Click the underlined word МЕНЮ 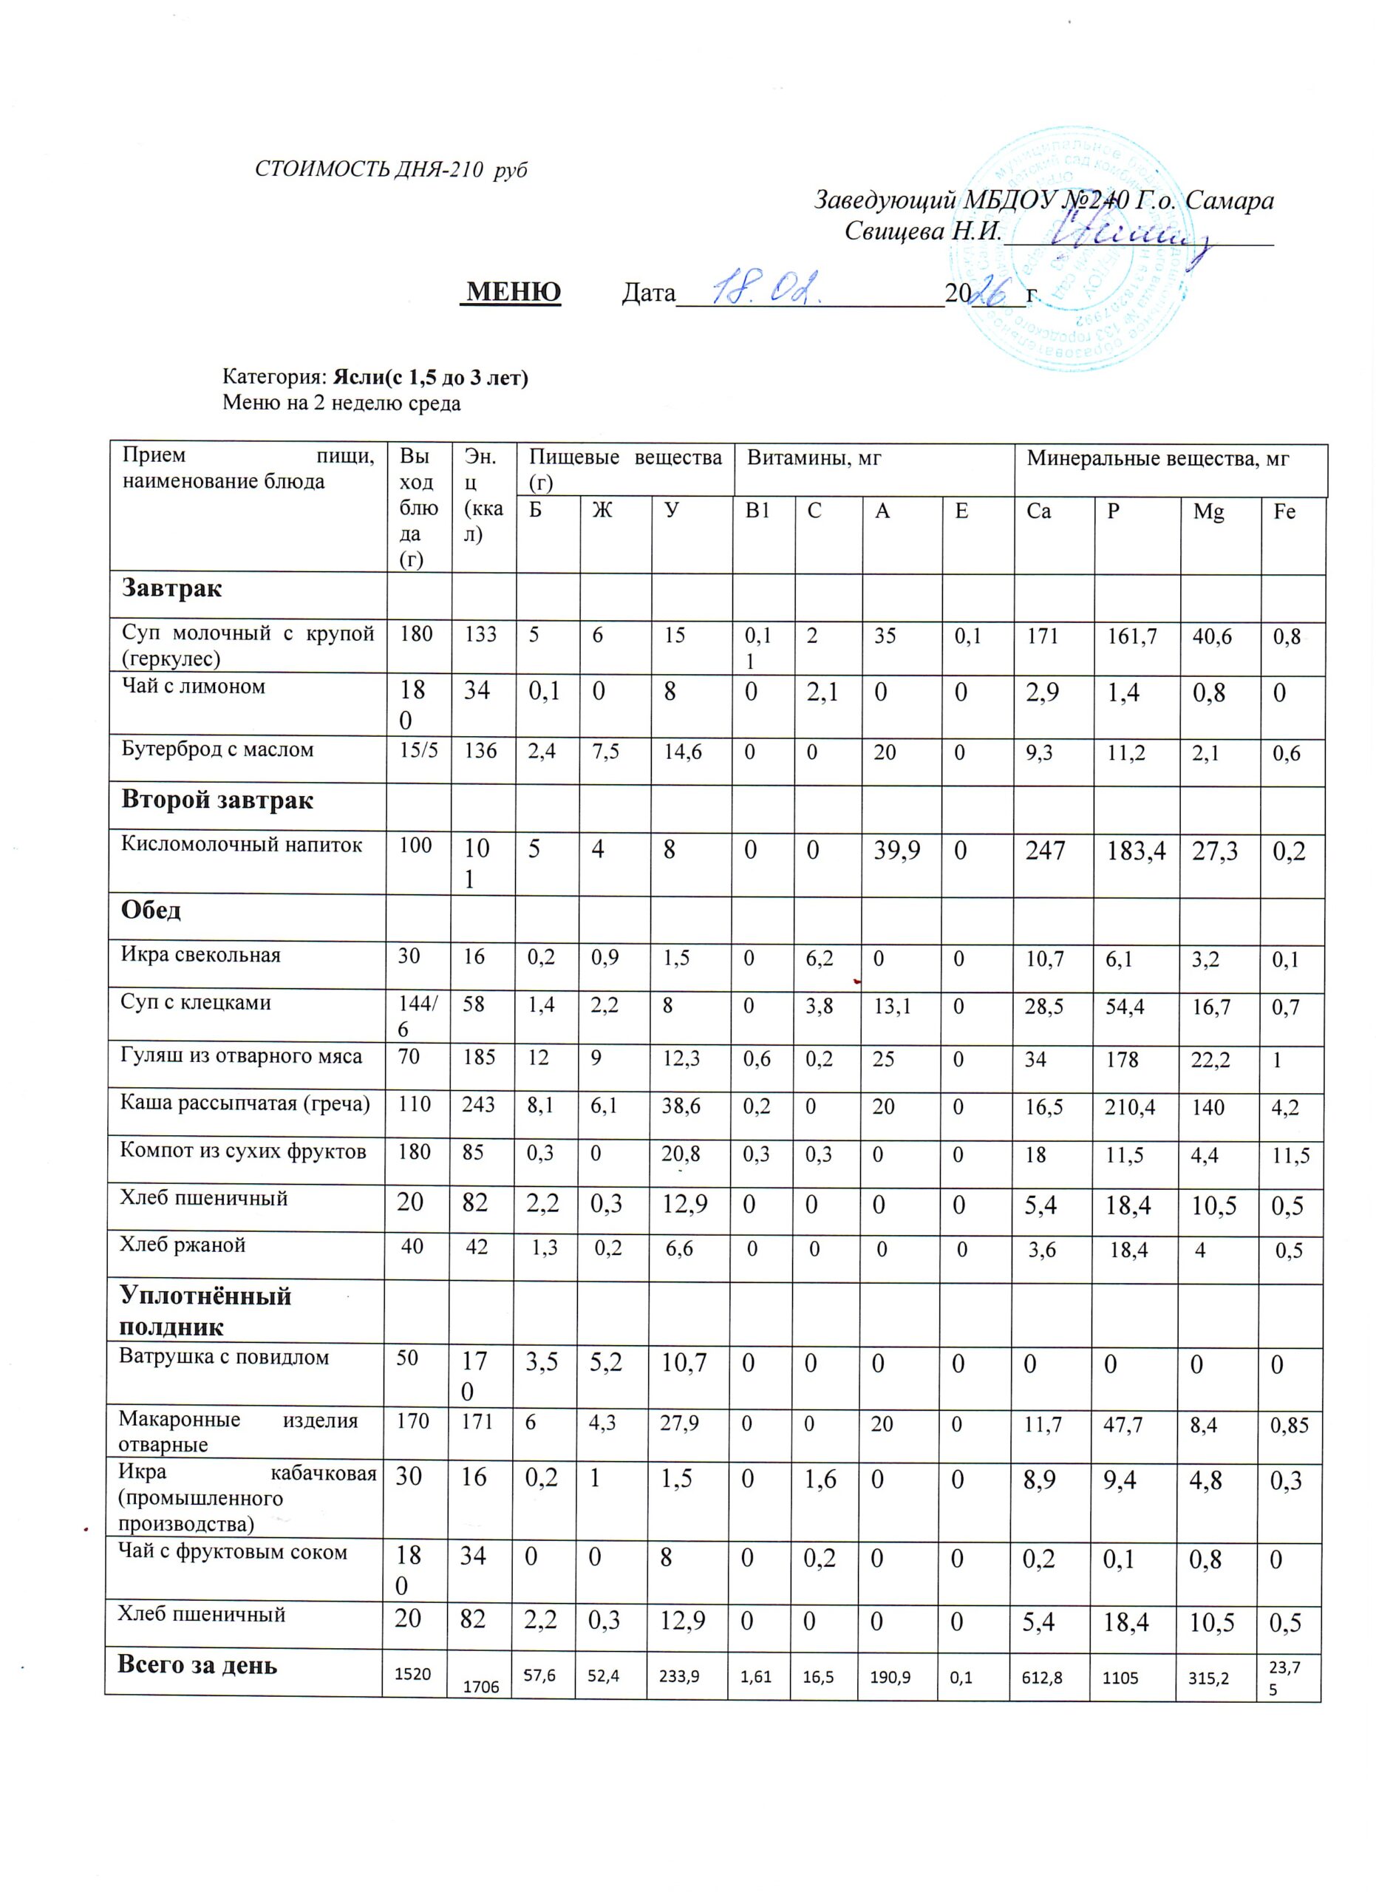pos(513,292)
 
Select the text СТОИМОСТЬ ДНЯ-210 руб pos(391,170)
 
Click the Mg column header pos(1208,511)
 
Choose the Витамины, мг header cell pos(814,458)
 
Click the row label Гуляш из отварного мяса pos(242,1056)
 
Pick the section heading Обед pos(151,909)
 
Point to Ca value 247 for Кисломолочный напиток pos(1045,851)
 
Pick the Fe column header pos(1284,511)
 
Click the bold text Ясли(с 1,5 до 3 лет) pos(430,378)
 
